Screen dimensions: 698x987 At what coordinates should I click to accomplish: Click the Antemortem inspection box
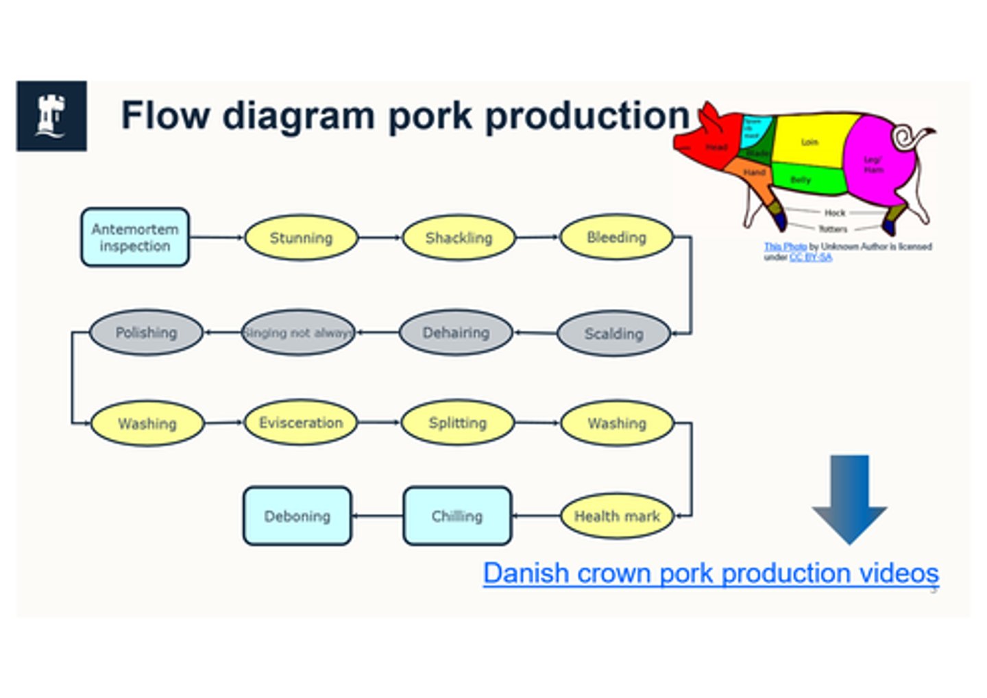[135, 238]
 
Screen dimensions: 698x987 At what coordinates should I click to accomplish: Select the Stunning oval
[301, 238]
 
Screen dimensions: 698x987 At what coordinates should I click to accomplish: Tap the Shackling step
[459, 238]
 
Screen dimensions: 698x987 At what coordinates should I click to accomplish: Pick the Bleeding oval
[616, 237]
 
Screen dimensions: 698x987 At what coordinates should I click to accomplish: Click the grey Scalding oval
[613, 334]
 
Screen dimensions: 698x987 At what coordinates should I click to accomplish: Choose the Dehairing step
[456, 333]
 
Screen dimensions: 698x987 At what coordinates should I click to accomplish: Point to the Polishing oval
[146, 333]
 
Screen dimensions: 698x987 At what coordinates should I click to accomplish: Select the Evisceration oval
[301, 423]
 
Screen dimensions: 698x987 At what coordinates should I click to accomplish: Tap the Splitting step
[457, 423]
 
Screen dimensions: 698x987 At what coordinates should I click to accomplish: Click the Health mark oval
[617, 516]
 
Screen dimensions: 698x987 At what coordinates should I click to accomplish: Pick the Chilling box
[457, 516]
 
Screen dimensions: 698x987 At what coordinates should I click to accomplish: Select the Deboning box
[297, 516]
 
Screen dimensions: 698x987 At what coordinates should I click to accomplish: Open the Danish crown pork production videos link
[711, 573]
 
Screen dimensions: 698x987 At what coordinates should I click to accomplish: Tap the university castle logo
[51, 116]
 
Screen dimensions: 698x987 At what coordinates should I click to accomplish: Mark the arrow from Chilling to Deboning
[378, 516]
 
